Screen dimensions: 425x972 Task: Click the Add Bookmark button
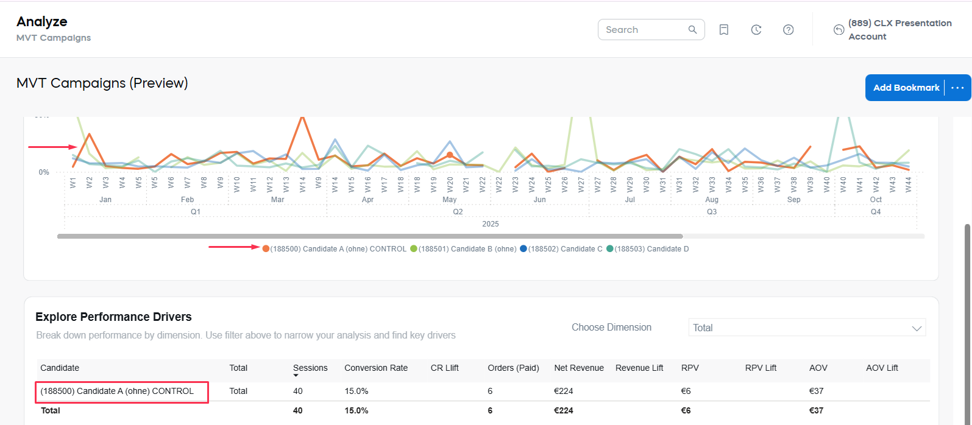[x=906, y=88]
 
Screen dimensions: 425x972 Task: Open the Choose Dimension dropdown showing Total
[x=806, y=328]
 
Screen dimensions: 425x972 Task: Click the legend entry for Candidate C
[x=561, y=249]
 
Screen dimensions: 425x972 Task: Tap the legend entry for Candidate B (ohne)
[x=463, y=249]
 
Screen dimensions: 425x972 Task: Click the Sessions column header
[x=310, y=368]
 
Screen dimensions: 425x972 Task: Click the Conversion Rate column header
[x=375, y=368]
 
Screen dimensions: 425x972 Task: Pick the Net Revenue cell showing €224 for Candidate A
[x=564, y=391]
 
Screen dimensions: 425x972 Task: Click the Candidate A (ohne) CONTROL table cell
[x=117, y=391]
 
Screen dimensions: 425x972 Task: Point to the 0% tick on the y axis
[x=44, y=172]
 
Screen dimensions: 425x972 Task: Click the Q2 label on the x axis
[x=458, y=212]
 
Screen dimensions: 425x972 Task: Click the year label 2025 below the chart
[x=490, y=224]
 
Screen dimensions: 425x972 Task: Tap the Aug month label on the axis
[x=711, y=200]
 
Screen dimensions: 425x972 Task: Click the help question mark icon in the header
[x=788, y=30]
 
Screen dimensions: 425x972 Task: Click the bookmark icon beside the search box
[x=724, y=30]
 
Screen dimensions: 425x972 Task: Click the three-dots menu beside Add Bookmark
[x=957, y=88]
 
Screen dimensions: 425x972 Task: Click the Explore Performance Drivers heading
[x=113, y=317]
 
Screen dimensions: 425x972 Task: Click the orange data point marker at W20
[x=450, y=155]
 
